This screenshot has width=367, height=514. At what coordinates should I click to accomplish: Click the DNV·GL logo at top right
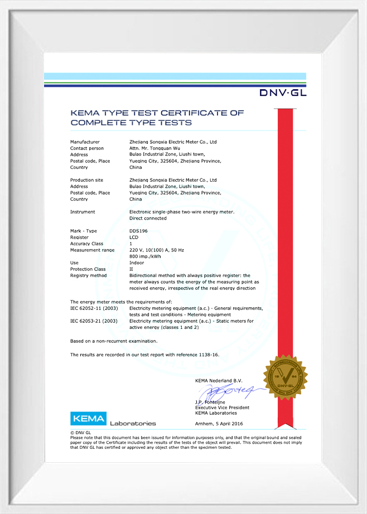point(282,93)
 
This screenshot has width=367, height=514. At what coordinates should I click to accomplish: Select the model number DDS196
point(138,231)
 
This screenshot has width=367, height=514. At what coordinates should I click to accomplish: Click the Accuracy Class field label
point(87,244)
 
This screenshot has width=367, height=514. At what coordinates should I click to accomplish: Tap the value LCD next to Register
point(134,237)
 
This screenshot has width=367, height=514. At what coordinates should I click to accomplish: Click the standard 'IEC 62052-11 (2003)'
point(94,308)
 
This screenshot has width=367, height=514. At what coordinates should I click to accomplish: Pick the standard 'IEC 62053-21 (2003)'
point(94,321)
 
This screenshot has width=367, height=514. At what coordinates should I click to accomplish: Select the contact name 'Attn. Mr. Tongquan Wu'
point(154,148)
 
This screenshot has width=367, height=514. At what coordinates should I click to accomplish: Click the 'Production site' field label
point(86,180)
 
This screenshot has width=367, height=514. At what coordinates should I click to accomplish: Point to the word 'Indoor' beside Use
point(136,263)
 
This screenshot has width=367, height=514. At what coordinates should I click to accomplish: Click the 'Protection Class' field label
point(88,269)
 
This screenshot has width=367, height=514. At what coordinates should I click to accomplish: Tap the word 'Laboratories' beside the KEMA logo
point(133,423)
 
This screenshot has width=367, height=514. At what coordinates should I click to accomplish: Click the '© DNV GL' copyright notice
point(80,433)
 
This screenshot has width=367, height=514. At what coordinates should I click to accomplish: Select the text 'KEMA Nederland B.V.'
point(219,380)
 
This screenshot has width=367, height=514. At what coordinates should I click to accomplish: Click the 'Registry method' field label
point(88,275)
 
